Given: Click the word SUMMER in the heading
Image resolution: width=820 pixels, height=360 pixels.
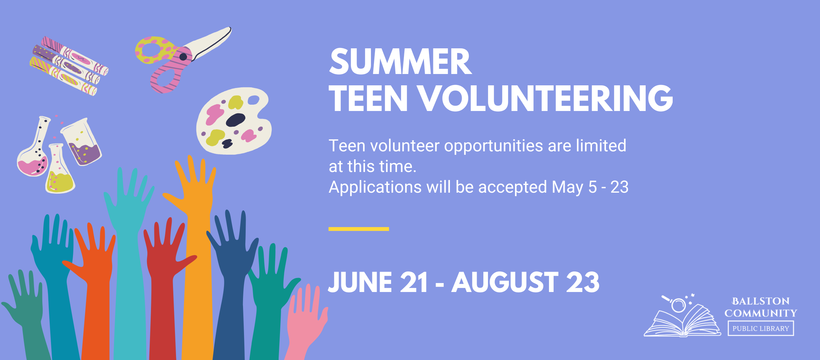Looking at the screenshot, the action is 400,62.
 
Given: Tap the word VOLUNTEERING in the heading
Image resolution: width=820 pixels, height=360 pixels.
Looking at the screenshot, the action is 545,98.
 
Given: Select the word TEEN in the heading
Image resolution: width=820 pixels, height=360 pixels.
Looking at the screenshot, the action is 368,98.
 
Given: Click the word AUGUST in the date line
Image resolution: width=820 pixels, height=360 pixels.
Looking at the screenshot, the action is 505,282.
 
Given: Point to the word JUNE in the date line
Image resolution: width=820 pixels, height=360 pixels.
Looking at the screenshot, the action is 360,282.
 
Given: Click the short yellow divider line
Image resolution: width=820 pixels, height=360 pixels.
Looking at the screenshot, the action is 359,229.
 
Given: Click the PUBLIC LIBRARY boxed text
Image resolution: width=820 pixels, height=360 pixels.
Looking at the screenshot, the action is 761,328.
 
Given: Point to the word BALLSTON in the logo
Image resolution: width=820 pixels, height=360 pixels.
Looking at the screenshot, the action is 761,301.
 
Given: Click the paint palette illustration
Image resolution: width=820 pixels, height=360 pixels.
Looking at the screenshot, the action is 234,121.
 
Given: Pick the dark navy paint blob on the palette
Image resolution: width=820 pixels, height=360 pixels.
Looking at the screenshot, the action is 235,120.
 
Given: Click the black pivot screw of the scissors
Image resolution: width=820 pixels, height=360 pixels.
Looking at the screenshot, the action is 183,57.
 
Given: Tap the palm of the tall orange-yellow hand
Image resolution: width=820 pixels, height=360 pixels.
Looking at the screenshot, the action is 197,197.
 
